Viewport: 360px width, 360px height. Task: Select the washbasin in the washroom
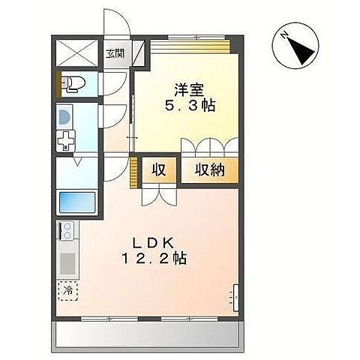pos(64,117)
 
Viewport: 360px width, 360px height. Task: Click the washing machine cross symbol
pos(67,140)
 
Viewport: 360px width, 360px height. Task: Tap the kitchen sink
pos(66,263)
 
